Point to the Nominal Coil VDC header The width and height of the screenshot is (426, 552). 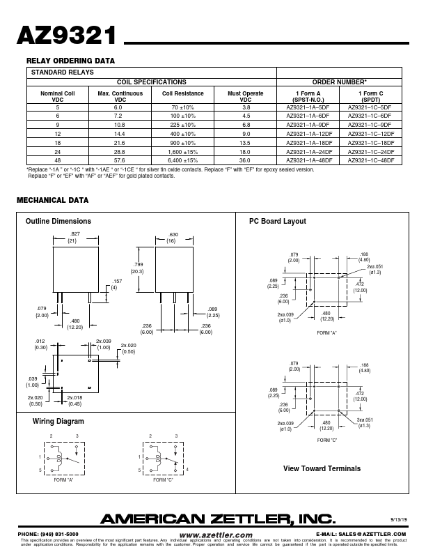[x=58, y=96]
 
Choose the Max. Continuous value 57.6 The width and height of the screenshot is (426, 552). [x=120, y=160]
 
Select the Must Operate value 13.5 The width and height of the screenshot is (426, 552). [x=246, y=142]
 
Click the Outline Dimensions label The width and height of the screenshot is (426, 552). [x=58, y=222]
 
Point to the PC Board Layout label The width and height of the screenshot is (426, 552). [x=278, y=222]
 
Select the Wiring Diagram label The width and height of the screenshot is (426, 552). [x=58, y=422]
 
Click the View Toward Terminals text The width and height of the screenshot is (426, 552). [x=322, y=468]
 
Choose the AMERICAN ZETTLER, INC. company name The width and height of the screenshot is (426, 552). [x=219, y=519]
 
